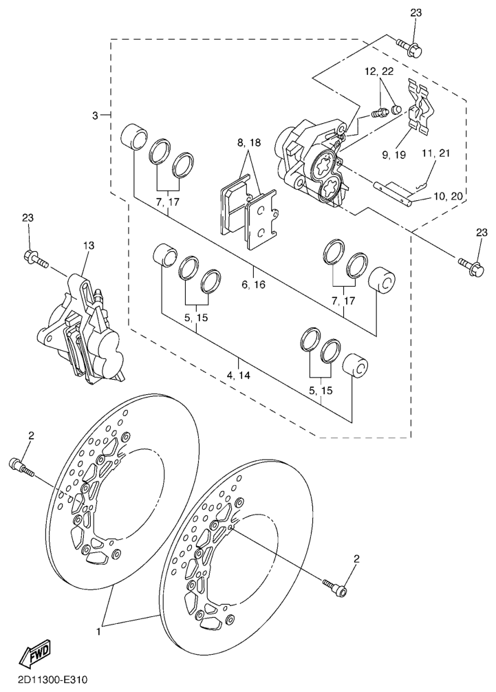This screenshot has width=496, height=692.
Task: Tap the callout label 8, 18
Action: [x=249, y=143]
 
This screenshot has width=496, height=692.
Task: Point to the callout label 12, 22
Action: [x=379, y=72]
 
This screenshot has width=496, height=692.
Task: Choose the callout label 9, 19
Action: [x=393, y=155]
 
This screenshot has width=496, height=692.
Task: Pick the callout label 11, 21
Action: [x=436, y=153]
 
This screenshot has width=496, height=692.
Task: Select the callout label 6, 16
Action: [x=253, y=285]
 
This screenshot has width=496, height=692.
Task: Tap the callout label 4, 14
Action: [x=239, y=376]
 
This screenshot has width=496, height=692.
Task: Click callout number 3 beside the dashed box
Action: [x=95, y=116]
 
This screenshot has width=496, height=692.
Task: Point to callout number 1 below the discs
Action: [x=98, y=632]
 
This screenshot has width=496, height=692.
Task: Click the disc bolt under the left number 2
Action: [x=21, y=467]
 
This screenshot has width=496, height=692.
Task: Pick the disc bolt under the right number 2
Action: [x=335, y=587]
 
